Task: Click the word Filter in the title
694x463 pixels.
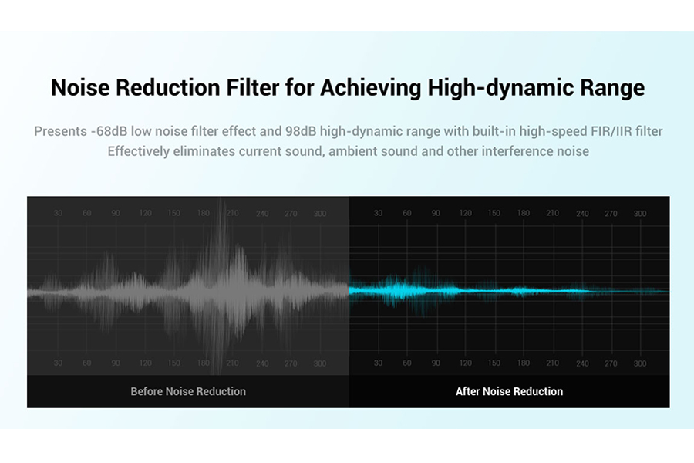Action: point(253,87)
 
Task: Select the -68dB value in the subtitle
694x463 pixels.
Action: point(109,132)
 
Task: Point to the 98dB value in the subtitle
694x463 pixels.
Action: point(301,132)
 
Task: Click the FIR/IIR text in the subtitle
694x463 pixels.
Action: point(611,132)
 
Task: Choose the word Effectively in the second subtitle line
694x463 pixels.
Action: point(139,151)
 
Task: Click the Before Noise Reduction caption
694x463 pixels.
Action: point(188,392)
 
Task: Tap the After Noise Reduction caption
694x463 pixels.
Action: point(510,392)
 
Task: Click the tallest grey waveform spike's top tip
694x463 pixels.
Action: point(221,199)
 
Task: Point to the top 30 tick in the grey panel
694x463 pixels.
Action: point(58,213)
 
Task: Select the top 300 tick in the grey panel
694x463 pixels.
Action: point(320,214)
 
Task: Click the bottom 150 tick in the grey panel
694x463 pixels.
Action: point(174,363)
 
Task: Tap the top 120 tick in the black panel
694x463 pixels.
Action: point(465,213)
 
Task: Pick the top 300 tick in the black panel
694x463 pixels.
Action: point(640,214)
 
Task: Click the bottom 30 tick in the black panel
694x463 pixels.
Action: point(378,363)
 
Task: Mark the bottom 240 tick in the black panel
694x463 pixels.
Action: point(582,363)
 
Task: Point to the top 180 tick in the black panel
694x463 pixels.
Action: point(524,213)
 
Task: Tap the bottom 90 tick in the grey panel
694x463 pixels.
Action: point(116,363)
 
